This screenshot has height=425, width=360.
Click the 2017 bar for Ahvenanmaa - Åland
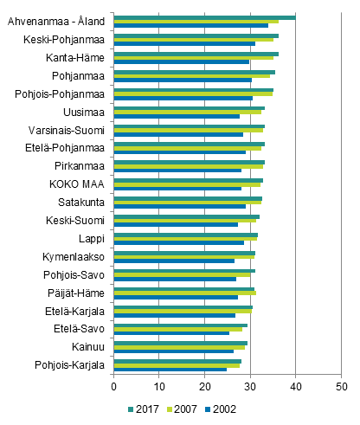click(x=204, y=17)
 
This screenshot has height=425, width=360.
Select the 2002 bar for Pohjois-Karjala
click(x=170, y=370)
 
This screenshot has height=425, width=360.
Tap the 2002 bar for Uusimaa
click(x=177, y=116)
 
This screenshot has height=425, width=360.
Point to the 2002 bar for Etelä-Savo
click(x=171, y=333)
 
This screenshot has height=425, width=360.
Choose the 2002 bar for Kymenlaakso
click(x=174, y=261)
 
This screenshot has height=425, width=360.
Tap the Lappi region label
click(x=93, y=238)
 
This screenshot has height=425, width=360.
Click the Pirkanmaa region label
click(x=80, y=166)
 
